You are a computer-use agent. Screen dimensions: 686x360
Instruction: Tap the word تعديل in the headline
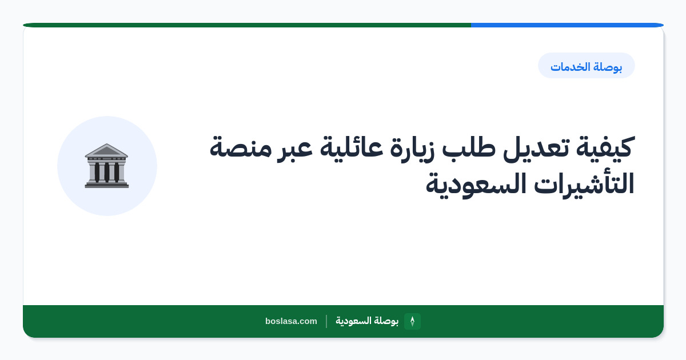click(x=536, y=148)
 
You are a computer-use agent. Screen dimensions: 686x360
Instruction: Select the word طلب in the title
click(x=469, y=147)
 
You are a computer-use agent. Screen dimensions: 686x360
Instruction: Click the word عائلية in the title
click(x=348, y=147)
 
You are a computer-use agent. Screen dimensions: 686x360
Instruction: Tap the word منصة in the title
click(x=241, y=148)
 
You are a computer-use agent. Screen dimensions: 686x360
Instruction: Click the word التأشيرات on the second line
click(x=584, y=183)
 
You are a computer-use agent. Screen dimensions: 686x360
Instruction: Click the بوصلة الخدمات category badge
click(x=587, y=66)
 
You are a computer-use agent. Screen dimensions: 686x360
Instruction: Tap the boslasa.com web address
click(x=291, y=321)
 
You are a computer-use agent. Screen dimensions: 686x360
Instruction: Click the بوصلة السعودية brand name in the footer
click(x=367, y=321)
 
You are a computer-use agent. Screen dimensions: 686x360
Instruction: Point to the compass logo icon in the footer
click(x=412, y=321)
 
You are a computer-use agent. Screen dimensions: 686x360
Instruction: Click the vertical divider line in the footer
click(x=326, y=321)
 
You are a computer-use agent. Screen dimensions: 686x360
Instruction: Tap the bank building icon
click(x=106, y=166)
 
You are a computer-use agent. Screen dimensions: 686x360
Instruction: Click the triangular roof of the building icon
click(x=106, y=150)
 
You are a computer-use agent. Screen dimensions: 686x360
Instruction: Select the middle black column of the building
click(x=106, y=172)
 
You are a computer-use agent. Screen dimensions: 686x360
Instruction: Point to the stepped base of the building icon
click(x=106, y=184)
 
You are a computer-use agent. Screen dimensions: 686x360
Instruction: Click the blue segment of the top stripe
click(x=567, y=25)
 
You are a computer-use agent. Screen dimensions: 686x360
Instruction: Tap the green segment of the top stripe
click(x=247, y=25)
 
